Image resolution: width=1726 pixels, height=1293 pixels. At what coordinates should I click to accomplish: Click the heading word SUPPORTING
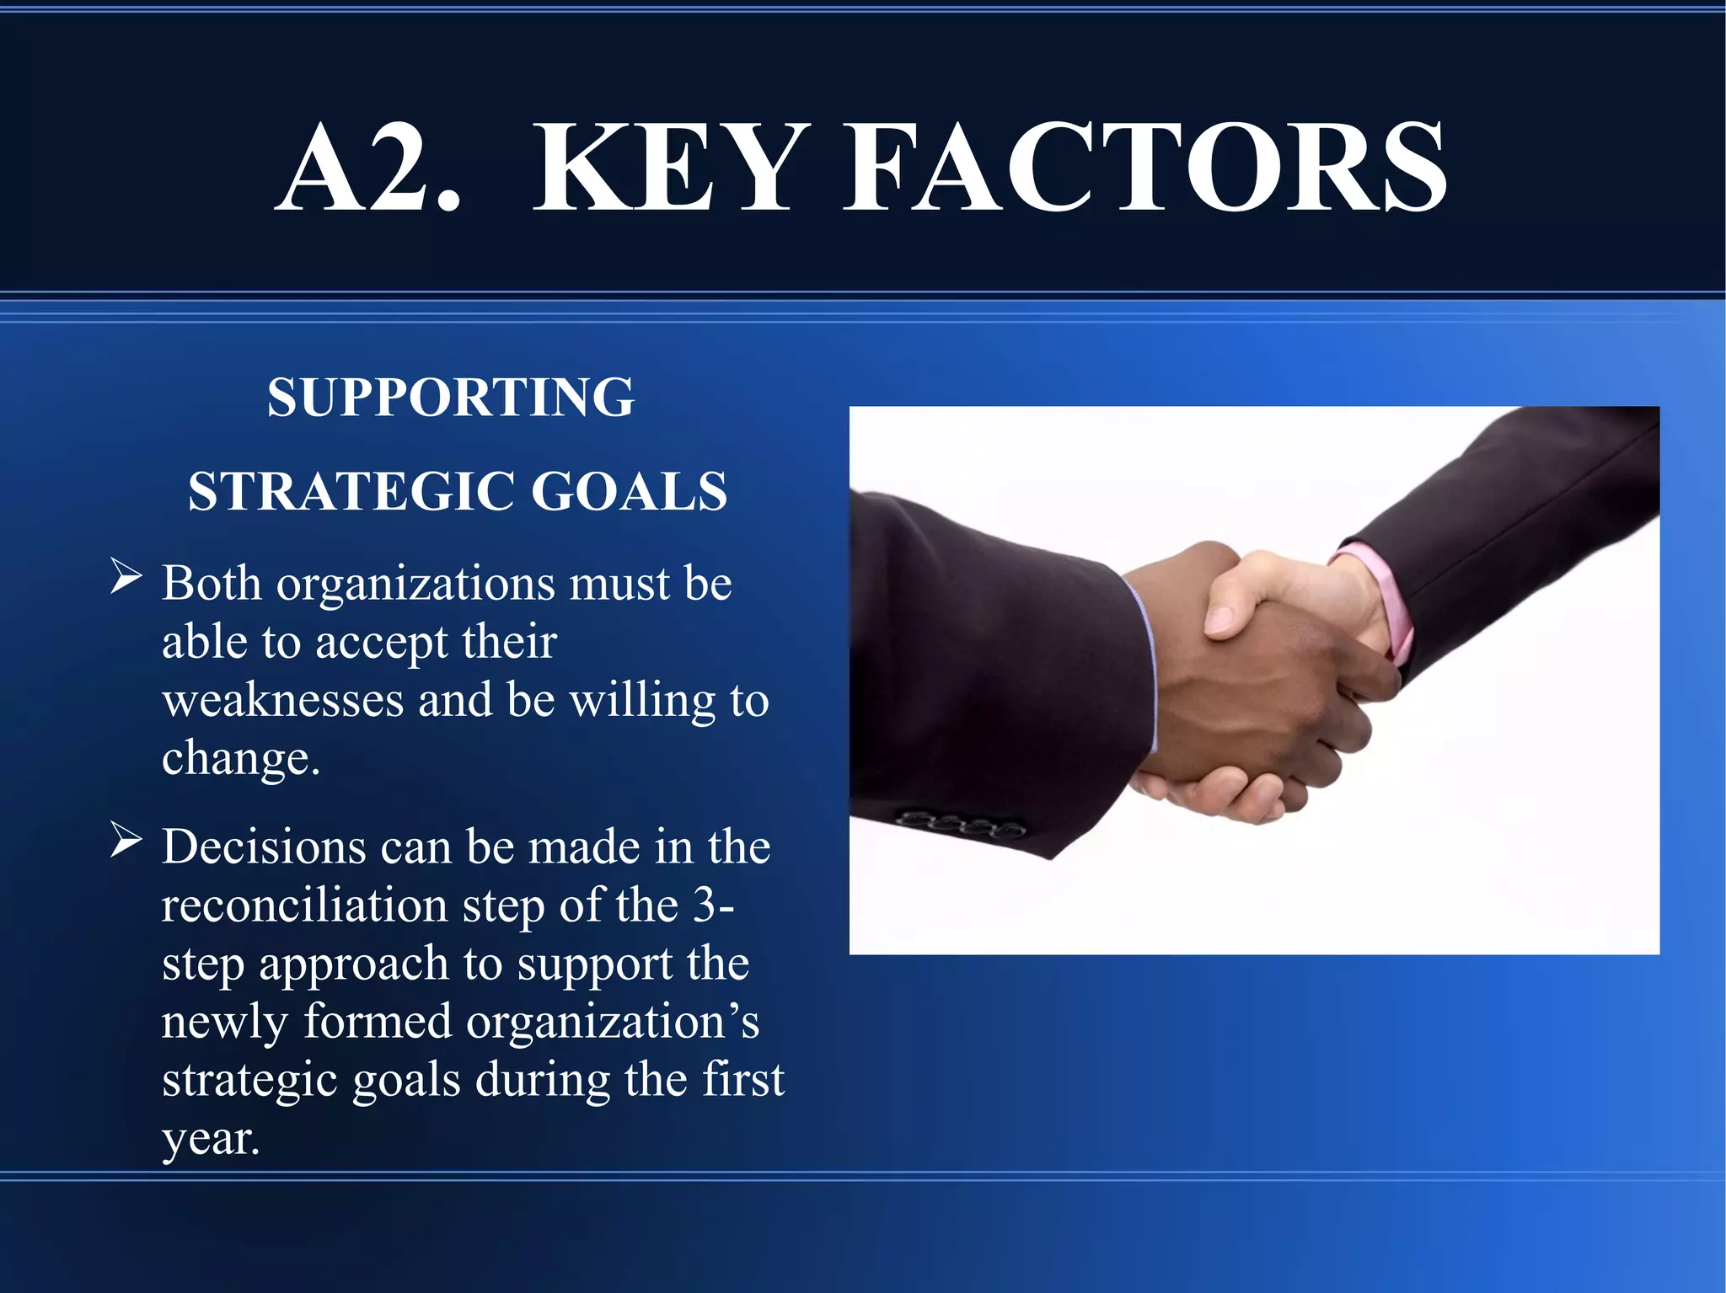pos(451,397)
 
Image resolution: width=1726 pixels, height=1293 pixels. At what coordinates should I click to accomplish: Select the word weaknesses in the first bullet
pos(283,700)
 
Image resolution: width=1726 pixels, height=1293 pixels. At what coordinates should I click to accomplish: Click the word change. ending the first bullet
pos(241,758)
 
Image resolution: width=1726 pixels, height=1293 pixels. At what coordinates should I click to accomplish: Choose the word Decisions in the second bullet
pos(264,847)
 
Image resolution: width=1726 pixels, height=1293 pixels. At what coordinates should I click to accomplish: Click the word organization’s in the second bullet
pos(613,1022)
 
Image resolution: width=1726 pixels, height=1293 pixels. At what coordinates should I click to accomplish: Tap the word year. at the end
pos(211,1139)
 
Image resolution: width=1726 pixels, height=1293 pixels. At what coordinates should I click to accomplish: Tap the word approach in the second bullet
pos(353,964)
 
